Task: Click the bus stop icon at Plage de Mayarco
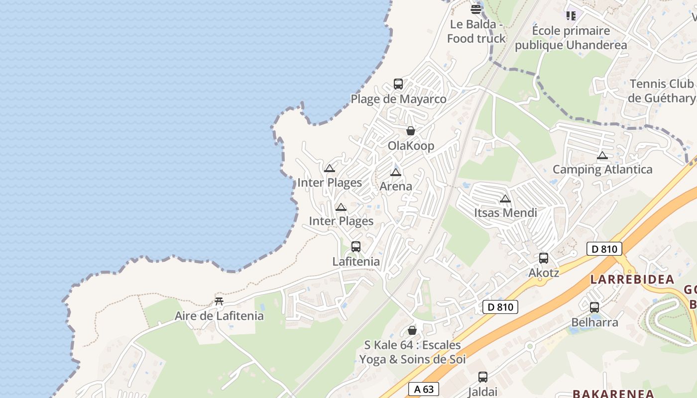pos(398,84)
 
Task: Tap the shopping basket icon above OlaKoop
pos(411,131)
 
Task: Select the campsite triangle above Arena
pos(396,173)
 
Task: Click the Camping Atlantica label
pos(602,169)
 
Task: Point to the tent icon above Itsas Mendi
pos(505,199)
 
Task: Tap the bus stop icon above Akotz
pos(544,258)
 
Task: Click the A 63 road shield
pos(423,389)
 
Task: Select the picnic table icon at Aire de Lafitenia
pos(219,301)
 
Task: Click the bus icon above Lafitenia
pos(356,246)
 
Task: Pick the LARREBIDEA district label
pos(632,280)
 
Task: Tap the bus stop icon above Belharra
pos(594,307)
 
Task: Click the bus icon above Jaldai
pos(483,377)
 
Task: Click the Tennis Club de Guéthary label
pos(662,91)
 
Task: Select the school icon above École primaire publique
pos(571,16)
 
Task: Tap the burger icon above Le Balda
pos(476,9)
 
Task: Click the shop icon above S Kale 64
pos(412,330)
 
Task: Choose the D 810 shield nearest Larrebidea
pos(605,249)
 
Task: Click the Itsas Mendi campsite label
pos(505,213)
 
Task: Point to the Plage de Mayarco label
pos(399,99)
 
